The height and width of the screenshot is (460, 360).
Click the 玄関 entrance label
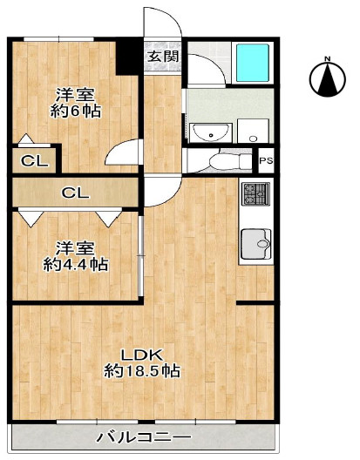tap(163, 57)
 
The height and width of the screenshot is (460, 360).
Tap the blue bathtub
tap(253, 63)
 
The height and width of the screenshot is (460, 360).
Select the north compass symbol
tap(328, 77)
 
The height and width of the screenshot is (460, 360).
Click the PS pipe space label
tap(267, 161)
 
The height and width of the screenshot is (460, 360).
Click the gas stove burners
tap(255, 193)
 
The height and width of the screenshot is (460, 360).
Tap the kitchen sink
tap(256, 243)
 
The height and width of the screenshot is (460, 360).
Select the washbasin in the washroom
tap(210, 133)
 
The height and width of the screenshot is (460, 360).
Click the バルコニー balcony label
tap(144, 437)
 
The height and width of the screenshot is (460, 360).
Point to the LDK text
tap(142, 355)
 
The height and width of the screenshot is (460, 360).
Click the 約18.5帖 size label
tap(142, 370)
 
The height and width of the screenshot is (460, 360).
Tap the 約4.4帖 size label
tap(76, 265)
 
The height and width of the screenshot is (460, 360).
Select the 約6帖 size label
tap(76, 112)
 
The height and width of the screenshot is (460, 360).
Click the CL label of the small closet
tap(35, 161)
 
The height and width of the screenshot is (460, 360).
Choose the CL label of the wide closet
tap(75, 193)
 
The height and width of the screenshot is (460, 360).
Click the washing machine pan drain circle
tap(253, 138)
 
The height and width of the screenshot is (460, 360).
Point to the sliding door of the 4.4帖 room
tap(141, 256)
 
